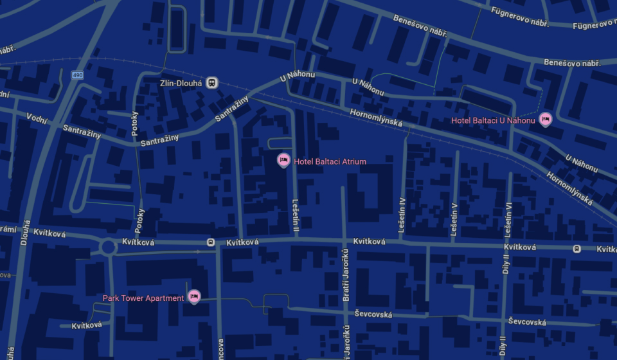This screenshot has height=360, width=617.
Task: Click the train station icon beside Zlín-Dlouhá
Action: (212, 83)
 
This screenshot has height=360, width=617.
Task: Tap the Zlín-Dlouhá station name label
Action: (181, 83)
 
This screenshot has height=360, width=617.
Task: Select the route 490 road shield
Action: (77, 75)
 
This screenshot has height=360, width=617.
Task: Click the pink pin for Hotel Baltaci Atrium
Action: (283, 160)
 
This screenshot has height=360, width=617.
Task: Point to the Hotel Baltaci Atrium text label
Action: (330, 162)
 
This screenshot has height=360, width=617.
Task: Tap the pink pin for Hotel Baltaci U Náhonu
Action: (545, 119)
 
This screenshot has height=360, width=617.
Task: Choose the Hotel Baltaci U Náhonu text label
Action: (493, 121)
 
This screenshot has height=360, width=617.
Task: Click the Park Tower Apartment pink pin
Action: (194, 296)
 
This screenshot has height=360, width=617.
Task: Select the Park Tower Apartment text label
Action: (143, 298)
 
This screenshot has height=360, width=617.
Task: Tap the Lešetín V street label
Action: (454, 219)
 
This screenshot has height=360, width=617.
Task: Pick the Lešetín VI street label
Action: (507, 219)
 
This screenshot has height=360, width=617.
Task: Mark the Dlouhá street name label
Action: (26, 232)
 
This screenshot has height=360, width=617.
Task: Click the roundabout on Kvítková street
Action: (109, 247)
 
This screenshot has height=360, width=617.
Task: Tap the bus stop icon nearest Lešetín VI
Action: (577, 249)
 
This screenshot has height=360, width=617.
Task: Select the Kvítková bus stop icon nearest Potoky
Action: (211, 242)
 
